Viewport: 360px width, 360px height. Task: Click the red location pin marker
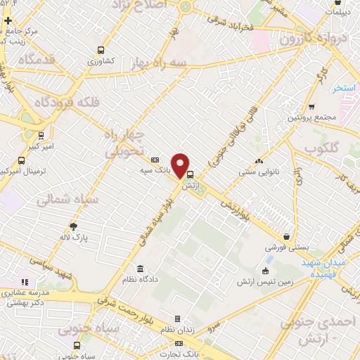coord(181,165)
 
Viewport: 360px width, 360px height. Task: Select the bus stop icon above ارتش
coord(189,175)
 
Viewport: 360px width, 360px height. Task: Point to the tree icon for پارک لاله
coord(74,226)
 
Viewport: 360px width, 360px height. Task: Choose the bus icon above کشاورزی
coord(101,51)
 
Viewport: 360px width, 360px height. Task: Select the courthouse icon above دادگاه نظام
coord(141,269)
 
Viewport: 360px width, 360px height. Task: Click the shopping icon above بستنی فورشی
coord(287,237)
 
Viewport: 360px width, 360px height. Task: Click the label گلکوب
coord(323,149)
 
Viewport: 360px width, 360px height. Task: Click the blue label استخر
coord(345,88)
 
